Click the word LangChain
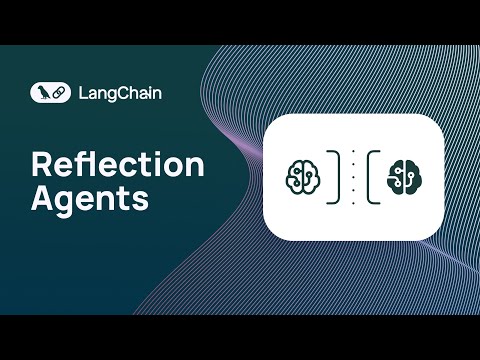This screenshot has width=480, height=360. pos(122,93)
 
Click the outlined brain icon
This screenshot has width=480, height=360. pos(302,176)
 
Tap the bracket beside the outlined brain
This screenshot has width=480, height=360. pos(333,176)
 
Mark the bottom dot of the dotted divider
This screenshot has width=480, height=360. pos(353,201)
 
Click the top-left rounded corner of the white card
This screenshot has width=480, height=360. pos(270,120)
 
